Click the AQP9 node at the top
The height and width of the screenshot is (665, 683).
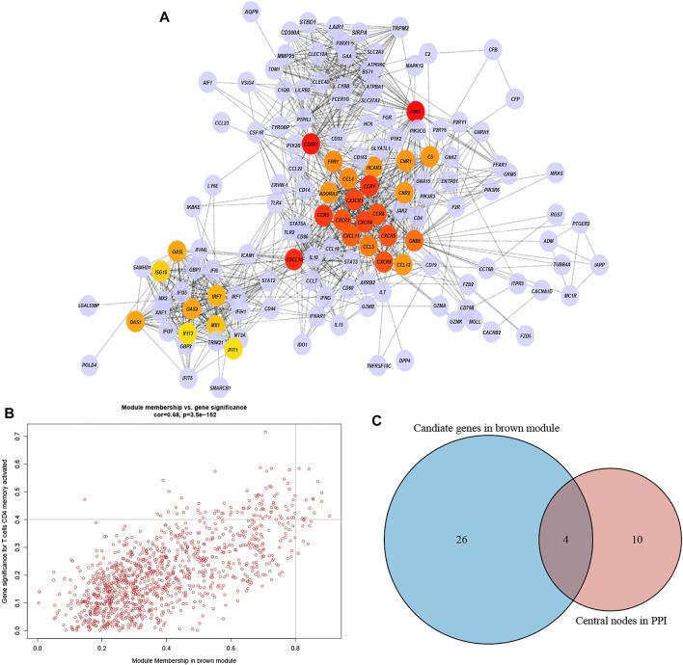pyautogui.click(x=252, y=13)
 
